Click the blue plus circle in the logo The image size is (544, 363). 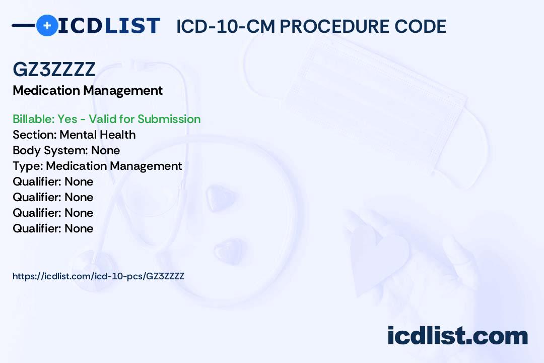[x=47, y=25]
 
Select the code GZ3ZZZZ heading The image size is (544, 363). [x=54, y=69]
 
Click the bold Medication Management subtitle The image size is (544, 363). [x=88, y=91]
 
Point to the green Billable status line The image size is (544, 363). [x=106, y=119]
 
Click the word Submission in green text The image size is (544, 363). [x=169, y=119]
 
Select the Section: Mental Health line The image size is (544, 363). [x=74, y=135]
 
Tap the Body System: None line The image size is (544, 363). [x=66, y=150]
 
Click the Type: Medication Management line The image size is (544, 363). [x=97, y=166]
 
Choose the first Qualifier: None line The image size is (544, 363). [x=53, y=181]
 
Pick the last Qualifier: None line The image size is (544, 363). [x=53, y=228]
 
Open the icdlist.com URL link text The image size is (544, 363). [x=99, y=276]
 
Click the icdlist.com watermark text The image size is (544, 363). [x=457, y=335]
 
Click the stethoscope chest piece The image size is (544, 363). [x=93, y=268]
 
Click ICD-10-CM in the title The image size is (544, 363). [x=226, y=27]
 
